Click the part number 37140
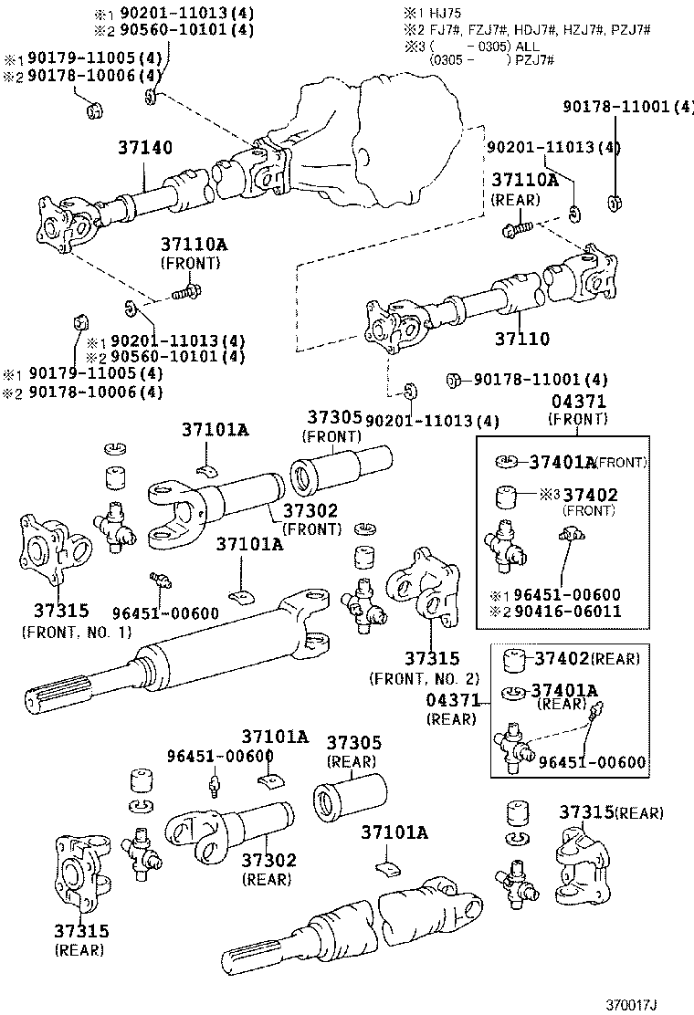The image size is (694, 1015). [145, 148]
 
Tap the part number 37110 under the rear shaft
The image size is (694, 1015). [521, 339]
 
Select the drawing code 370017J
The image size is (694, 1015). [631, 1005]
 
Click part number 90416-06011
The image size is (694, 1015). [567, 611]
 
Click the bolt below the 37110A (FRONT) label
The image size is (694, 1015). [187, 293]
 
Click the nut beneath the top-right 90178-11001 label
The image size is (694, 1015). [615, 204]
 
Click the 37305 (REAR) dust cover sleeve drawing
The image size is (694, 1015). [350, 794]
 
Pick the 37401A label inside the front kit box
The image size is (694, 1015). [562, 462]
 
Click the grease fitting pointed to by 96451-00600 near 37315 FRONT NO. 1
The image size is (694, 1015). [159, 579]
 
